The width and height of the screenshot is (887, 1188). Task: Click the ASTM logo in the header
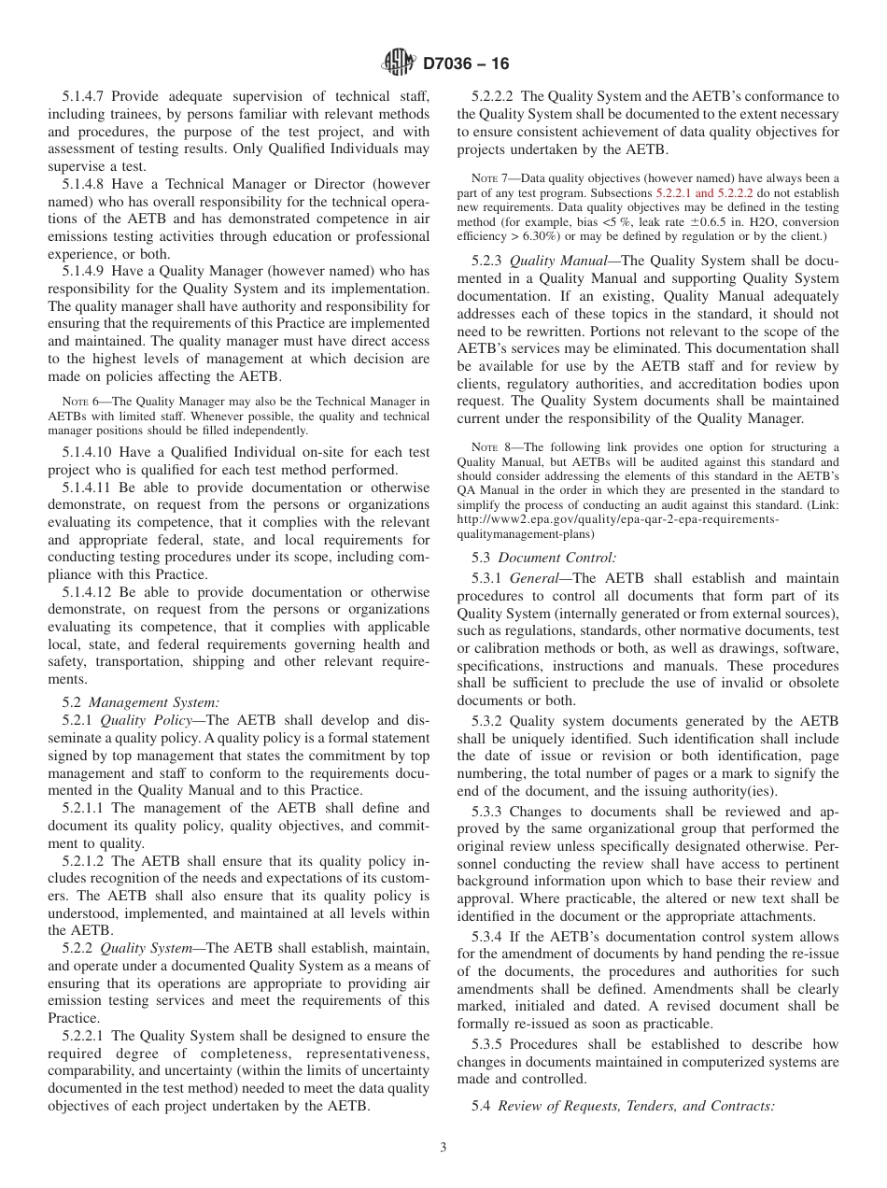[399, 64]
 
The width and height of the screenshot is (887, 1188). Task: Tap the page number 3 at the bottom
[443, 1148]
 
